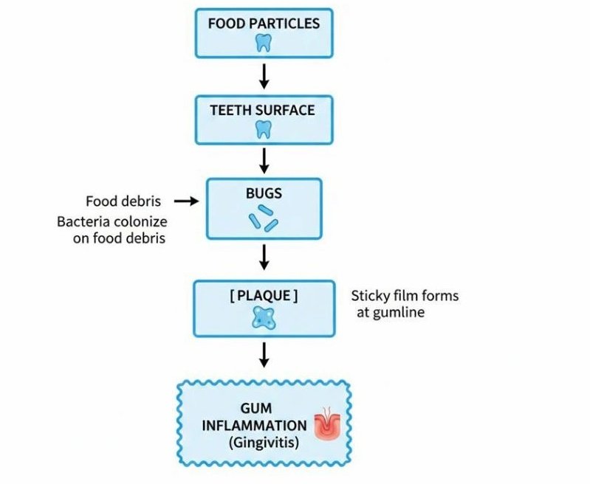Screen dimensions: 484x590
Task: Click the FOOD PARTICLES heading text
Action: (x=264, y=23)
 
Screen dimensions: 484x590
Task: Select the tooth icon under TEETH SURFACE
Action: (x=263, y=130)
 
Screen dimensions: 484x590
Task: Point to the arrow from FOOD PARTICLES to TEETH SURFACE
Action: (x=264, y=75)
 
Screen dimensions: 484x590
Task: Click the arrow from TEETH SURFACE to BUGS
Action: (x=264, y=161)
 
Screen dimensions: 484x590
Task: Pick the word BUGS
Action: (x=264, y=195)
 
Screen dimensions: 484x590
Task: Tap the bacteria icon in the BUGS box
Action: (x=263, y=220)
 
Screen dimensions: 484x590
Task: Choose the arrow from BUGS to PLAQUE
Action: (x=264, y=257)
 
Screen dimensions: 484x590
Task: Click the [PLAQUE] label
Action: (x=264, y=296)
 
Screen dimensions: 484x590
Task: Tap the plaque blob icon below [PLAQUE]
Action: (x=263, y=318)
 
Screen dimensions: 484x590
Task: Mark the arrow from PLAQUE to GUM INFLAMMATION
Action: (x=264, y=356)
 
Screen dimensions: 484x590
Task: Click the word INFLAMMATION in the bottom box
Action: (x=258, y=426)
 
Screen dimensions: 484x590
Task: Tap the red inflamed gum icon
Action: (x=324, y=426)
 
